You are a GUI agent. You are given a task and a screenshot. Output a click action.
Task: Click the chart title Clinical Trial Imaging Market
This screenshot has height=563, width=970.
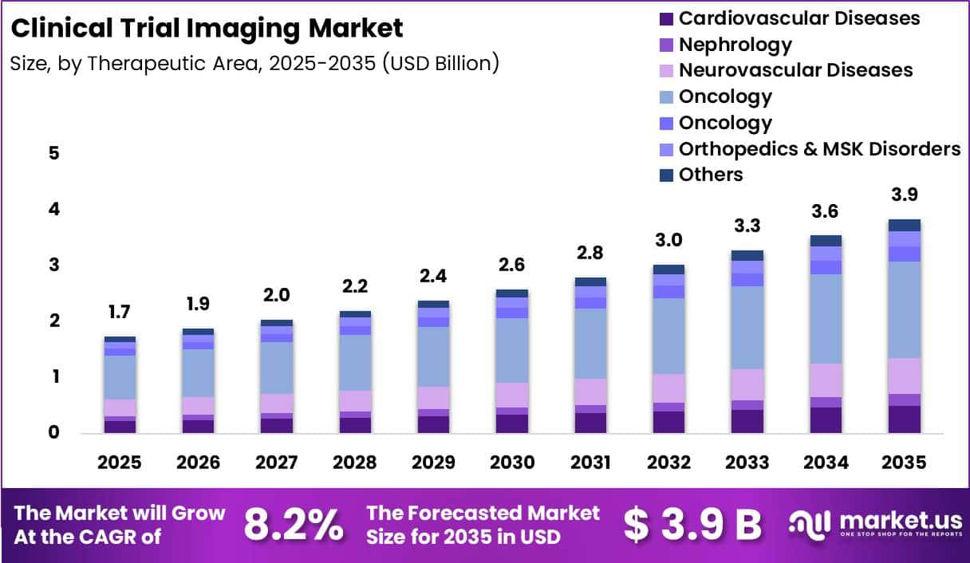coord(207,29)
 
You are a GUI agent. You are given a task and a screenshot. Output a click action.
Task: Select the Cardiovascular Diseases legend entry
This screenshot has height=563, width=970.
coord(790,18)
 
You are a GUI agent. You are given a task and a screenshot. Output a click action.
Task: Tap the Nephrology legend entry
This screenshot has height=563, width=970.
coord(725,45)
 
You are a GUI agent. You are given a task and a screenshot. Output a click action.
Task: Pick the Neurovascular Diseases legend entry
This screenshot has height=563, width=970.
coord(786,70)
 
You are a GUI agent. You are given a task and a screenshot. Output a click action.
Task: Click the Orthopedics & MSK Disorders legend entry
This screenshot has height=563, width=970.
coord(810,149)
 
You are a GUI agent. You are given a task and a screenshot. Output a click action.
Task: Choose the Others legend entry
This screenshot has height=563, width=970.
coord(701,175)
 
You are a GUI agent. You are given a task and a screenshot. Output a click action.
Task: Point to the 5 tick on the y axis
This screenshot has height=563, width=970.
coord(53,153)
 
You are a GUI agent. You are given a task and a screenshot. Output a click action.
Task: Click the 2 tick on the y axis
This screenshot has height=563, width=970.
coord(54,321)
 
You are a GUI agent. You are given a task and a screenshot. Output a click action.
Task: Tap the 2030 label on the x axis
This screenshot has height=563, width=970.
coord(512,463)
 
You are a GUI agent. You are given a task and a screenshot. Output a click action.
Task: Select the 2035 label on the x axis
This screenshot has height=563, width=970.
coord(904,463)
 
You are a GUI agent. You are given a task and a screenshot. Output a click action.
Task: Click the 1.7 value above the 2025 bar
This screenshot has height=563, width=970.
coord(120,312)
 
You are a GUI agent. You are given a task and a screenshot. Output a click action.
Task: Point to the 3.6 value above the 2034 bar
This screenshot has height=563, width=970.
coord(825,211)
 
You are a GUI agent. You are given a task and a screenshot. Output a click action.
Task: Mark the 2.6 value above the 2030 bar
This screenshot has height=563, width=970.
coord(511,265)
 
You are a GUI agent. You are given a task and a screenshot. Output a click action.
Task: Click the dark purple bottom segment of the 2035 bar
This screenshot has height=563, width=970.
coord(905,419)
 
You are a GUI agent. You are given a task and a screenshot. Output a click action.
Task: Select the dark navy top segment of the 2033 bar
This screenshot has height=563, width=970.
coord(747,255)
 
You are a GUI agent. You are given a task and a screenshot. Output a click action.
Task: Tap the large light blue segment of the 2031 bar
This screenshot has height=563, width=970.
coord(590,344)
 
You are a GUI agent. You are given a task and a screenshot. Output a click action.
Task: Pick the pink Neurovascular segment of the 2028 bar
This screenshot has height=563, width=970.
coord(355,401)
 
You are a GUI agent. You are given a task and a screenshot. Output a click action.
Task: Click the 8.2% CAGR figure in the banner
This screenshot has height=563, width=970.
coord(294,525)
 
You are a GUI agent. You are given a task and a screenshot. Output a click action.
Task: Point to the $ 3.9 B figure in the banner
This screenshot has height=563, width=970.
coord(692,525)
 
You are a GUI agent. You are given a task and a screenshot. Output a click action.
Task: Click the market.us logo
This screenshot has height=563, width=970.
coord(875,525)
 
